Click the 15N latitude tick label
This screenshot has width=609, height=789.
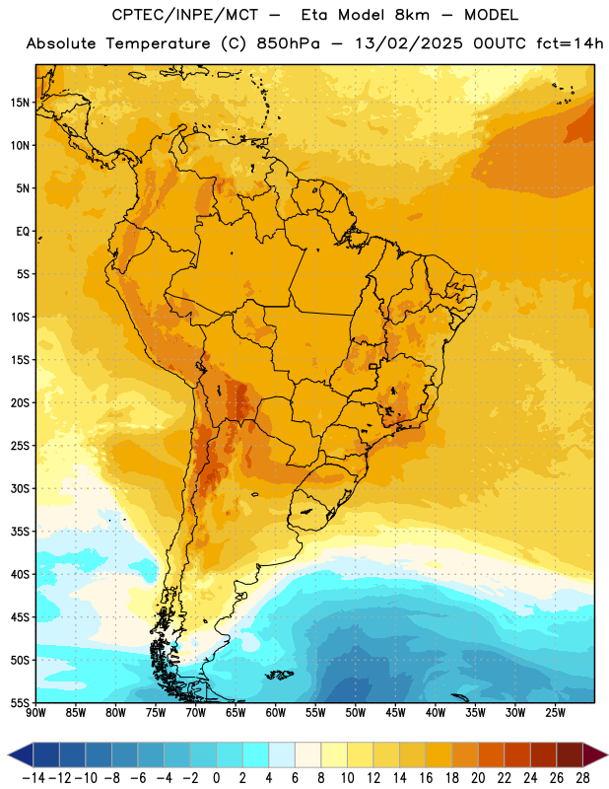[x=20, y=103]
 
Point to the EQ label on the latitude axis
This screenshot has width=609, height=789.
[x=23, y=232]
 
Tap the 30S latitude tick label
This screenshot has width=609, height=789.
[x=20, y=488]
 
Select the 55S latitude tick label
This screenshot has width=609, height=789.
[x=20, y=703]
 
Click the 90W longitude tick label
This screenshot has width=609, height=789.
[x=36, y=713]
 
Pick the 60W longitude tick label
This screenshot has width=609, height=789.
[x=276, y=713]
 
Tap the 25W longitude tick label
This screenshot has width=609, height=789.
[x=555, y=713]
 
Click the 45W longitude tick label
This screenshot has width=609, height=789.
[x=396, y=713]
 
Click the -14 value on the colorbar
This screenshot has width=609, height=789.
[x=34, y=778]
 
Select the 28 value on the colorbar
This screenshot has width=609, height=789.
[x=582, y=778]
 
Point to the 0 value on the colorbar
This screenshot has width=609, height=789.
[x=216, y=778]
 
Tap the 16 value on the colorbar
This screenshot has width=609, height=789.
[x=426, y=778]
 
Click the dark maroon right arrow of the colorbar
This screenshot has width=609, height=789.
[x=594, y=754]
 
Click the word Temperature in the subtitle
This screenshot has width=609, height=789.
[x=158, y=43]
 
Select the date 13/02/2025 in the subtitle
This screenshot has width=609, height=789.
[x=409, y=43]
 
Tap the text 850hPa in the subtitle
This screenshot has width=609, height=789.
[x=288, y=43]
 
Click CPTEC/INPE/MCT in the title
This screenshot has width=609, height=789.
[x=185, y=15]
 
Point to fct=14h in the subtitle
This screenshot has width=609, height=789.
[x=570, y=43]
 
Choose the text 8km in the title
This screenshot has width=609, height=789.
[x=412, y=15]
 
